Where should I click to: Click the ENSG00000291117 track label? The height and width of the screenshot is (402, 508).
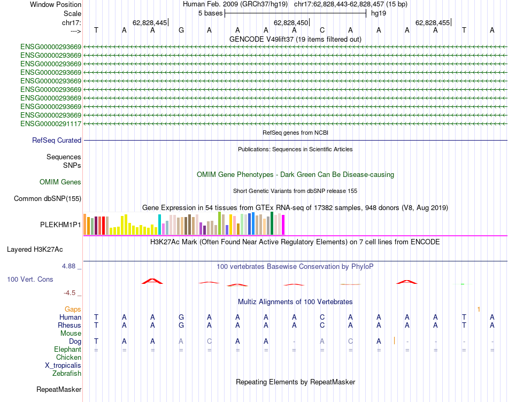(51, 124)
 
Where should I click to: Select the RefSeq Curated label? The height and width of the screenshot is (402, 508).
(57, 141)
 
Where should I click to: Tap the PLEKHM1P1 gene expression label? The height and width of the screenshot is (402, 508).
(61, 225)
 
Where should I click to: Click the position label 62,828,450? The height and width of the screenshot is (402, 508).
(291, 23)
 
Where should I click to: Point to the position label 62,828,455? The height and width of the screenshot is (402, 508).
(433, 23)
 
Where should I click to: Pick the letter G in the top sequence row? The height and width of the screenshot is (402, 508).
(181, 30)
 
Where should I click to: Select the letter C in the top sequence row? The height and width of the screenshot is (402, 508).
(322, 30)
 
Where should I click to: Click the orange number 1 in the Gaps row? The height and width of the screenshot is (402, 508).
(479, 310)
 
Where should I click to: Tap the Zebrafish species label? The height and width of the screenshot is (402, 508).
(67, 374)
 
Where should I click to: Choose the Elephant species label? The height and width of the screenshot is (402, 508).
(67, 350)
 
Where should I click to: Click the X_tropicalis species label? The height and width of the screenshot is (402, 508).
(63, 366)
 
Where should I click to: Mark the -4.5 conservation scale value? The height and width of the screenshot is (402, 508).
(71, 293)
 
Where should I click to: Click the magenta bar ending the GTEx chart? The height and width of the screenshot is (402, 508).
(283, 225)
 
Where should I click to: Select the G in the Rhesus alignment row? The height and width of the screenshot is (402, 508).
(181, 326)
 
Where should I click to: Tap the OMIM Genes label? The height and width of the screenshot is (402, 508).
(60, 182)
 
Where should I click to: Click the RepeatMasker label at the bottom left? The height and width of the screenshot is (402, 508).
(59, 390)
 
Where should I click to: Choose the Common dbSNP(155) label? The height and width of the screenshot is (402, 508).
(48, 199)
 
